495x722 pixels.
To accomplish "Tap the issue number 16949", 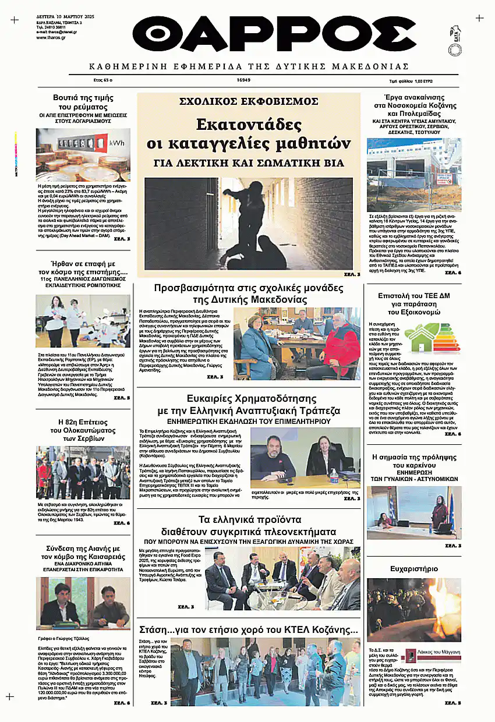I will click(243, 80).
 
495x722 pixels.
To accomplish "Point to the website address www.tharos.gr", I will click(50, 37).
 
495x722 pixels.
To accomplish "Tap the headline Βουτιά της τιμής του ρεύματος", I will click(83, 102).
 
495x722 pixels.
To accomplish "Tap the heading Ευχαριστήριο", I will click(413, 569).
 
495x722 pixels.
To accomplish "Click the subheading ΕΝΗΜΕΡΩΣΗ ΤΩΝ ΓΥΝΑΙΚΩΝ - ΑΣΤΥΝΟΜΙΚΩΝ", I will click(413, 478).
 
